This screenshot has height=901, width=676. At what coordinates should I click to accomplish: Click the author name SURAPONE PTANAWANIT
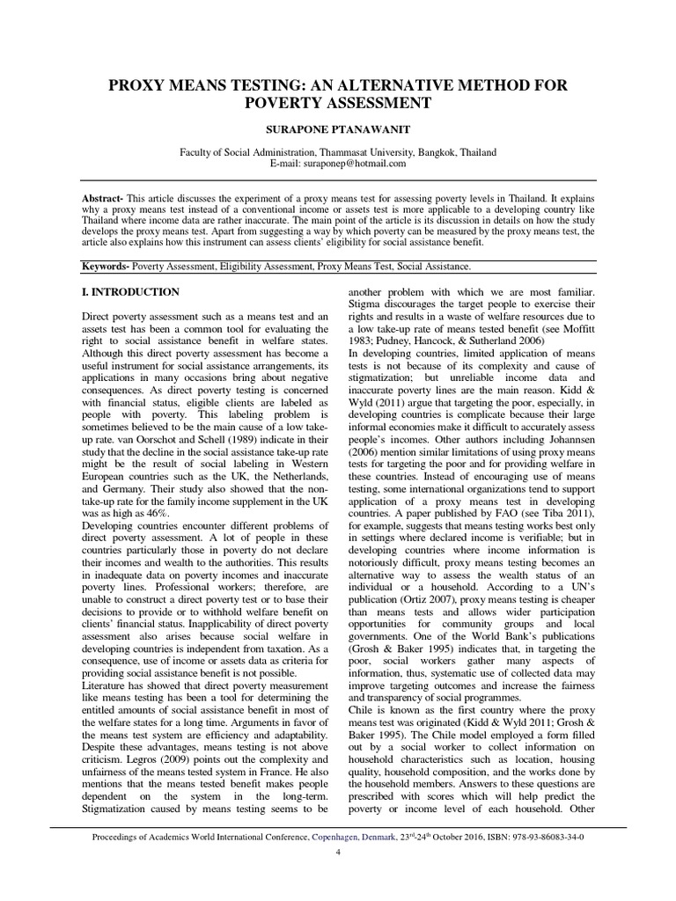pyautogui.click(x=338, y=128)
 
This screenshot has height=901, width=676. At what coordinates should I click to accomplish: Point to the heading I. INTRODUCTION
pyautogui.click(x=130, y=292)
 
